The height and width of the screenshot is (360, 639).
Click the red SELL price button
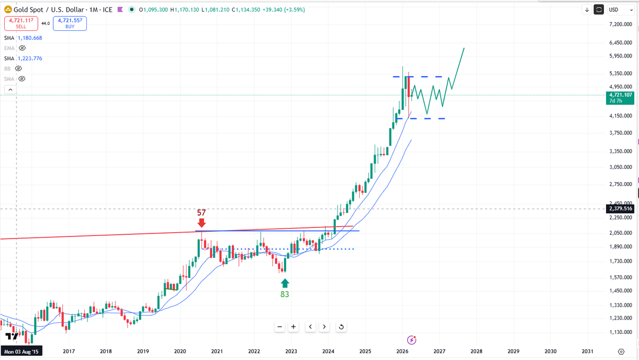pos(21,23)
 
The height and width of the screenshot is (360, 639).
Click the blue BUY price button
pos(70,23)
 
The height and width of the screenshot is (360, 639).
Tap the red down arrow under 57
pos(201,223)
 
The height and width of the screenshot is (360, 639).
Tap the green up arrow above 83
pos(285,282)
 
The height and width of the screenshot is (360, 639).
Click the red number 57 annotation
pos(201,212)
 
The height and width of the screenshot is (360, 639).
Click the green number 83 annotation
pos(285,293)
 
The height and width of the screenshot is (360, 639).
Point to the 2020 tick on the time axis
pos(180,351)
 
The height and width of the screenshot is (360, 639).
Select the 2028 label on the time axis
pos(476,351)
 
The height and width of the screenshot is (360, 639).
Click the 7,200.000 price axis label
pos(620,24)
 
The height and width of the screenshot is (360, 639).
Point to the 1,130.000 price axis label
pos(620,332)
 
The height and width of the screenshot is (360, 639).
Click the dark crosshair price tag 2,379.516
pos(620,209)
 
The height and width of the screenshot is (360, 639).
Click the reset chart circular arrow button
pos(341,327)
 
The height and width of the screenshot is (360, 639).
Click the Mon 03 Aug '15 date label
pos(21,351)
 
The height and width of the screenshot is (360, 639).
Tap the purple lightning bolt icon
pos(411,340)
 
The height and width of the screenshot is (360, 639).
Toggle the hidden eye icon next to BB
pos(18,69)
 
